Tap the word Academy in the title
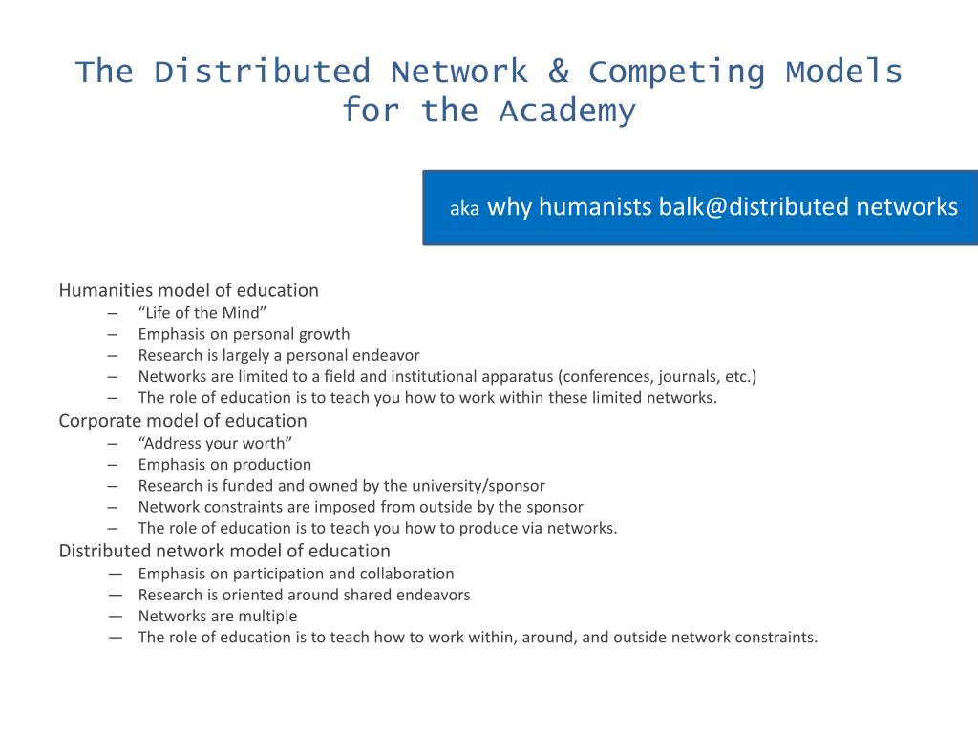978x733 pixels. [x=566, y=112]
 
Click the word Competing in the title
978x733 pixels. [x=677, y=72]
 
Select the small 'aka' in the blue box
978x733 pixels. [x=464, y=209]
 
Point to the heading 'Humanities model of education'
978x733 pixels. [x=189, y=290]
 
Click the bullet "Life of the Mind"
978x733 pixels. [x=202, y=313]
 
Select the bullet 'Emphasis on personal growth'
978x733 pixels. [x=244, y=334]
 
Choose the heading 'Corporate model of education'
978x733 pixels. [x=183, y=421]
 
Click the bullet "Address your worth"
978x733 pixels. [x=215, y=443]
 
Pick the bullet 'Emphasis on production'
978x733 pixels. [x=224, y=465]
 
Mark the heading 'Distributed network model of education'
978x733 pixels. [x=224, y=551]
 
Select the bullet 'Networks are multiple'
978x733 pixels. [x=218, y=617]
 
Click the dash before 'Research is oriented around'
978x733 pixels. [x=115, y=595]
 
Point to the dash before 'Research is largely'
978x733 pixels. [x=114, y=355]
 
